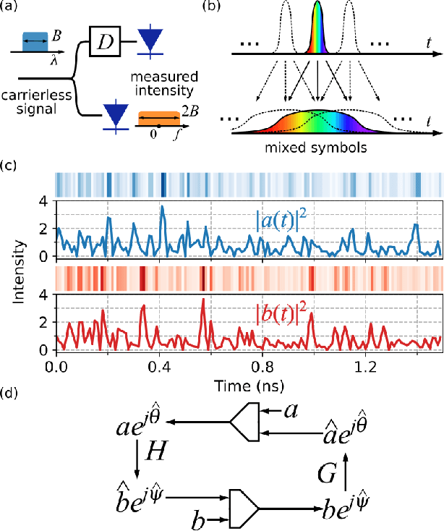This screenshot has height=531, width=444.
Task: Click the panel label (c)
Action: [x=12, y=165]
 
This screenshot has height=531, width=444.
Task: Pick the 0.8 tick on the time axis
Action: [x=262, y=365]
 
